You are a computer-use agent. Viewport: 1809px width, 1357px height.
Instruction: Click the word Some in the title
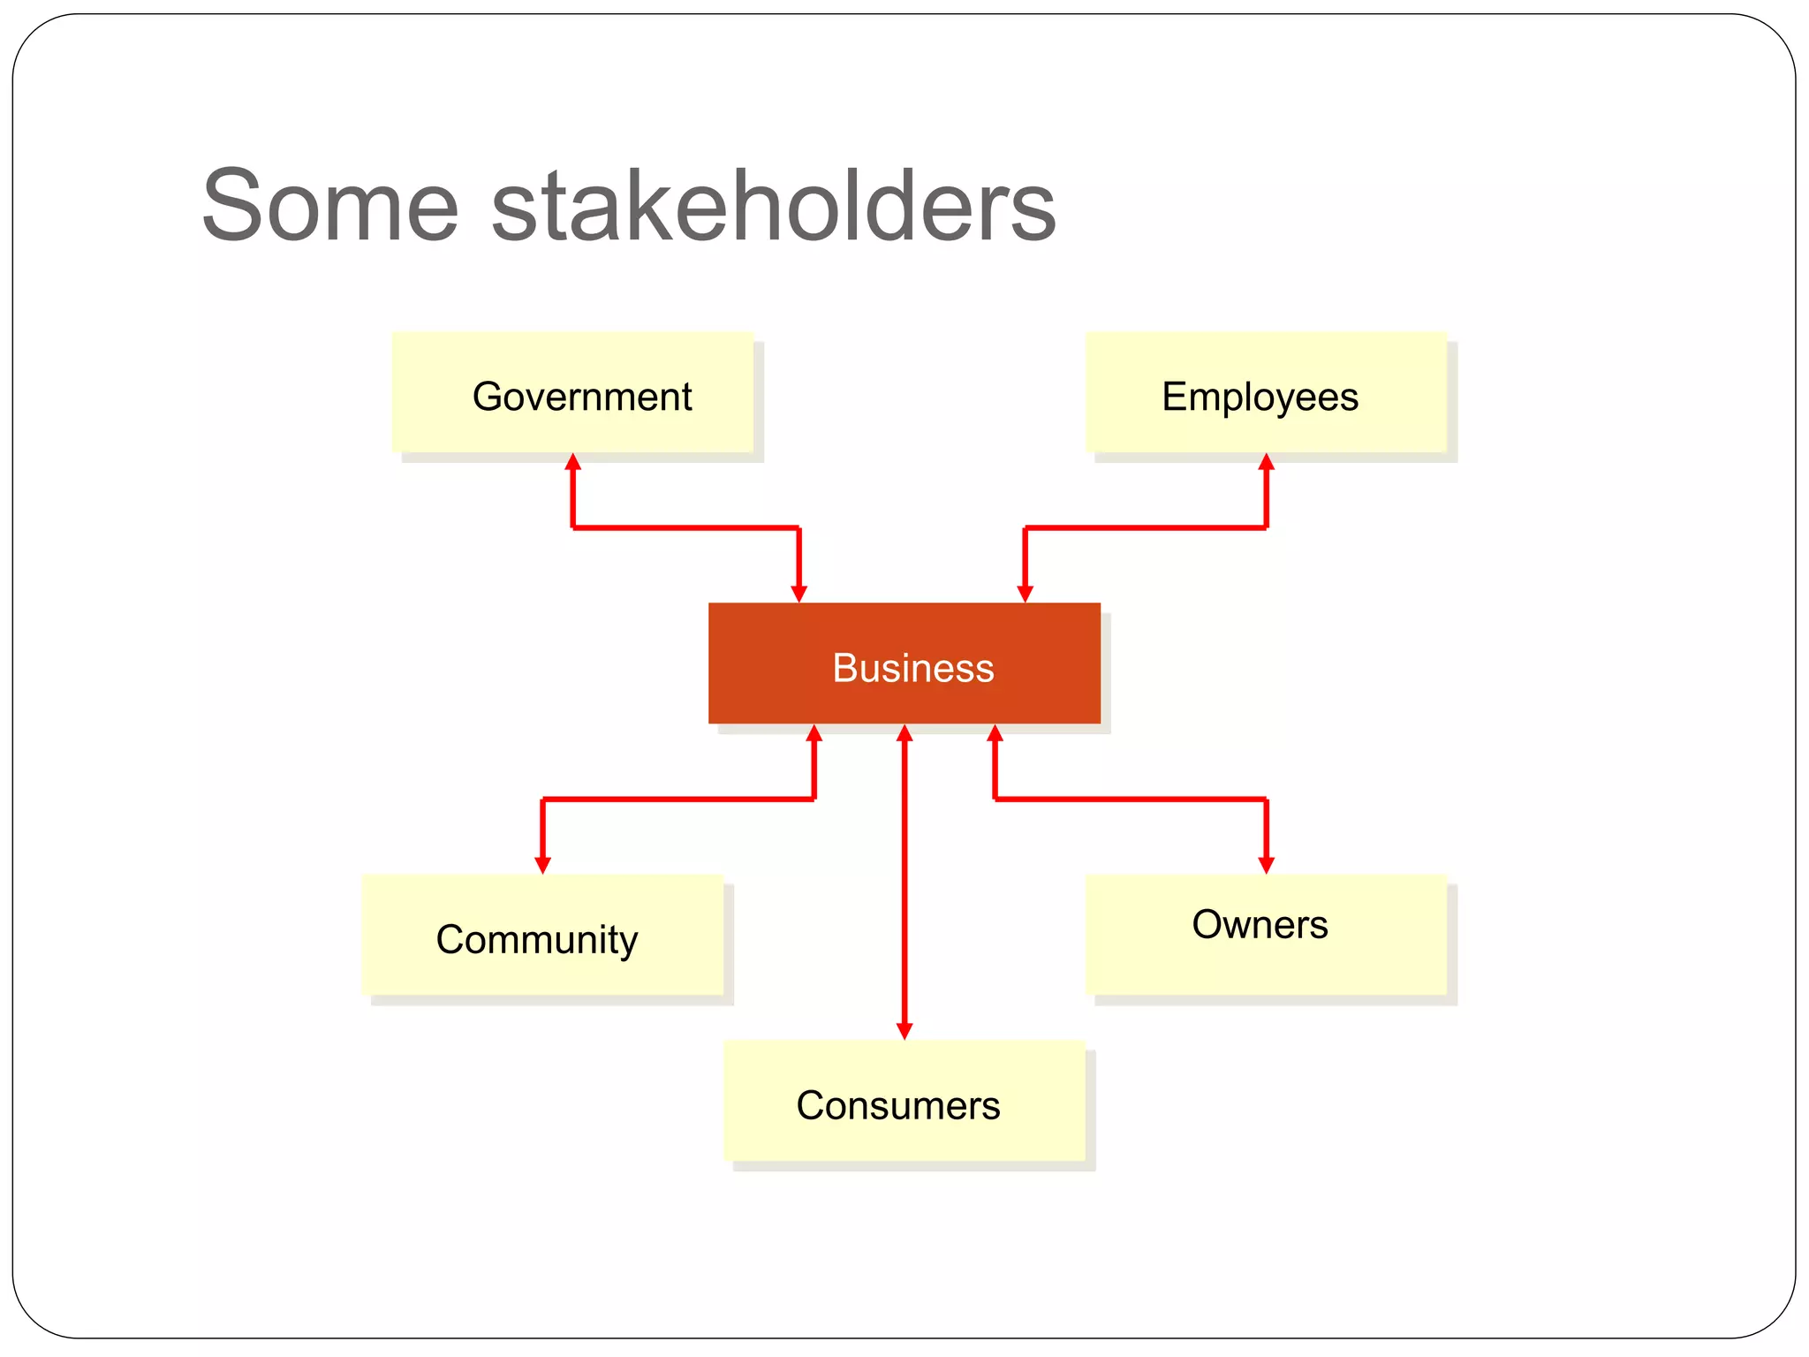[330, 207]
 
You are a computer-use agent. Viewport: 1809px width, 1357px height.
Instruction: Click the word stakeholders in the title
[773, 207]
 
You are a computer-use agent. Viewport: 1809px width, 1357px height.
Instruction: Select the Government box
[572, 393]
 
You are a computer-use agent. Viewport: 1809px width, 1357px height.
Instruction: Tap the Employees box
[1266, 393]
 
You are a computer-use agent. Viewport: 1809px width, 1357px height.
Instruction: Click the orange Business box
[904, 663]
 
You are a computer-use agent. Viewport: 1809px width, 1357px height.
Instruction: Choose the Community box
[542, 936]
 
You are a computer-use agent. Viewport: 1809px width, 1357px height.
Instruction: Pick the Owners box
[1266, 934]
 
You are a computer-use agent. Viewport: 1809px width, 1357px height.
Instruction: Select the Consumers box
[904, 1101]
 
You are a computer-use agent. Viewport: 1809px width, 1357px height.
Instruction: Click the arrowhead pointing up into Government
[572, 462]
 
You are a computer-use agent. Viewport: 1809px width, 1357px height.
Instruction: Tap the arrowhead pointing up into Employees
[1266, 462]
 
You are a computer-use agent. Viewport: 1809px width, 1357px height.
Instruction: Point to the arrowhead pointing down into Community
[543, 865]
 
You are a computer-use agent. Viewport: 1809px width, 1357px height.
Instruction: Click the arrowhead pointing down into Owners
[1266, 865]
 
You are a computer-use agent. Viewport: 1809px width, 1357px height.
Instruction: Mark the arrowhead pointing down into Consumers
[904, 1030]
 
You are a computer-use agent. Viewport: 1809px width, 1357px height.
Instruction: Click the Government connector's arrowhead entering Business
[799, 594]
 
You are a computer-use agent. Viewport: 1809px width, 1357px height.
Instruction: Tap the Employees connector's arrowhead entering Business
[1025, 594]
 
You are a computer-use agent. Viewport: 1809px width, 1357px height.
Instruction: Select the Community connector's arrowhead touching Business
[814, 733]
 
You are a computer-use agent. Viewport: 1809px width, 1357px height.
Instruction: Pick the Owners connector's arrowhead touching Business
[995, 733]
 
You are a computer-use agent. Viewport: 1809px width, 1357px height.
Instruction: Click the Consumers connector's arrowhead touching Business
[904, 733]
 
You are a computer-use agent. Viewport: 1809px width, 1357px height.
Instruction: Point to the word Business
[912, 668]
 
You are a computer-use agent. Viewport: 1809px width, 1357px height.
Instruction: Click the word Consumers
[897, 1105]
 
